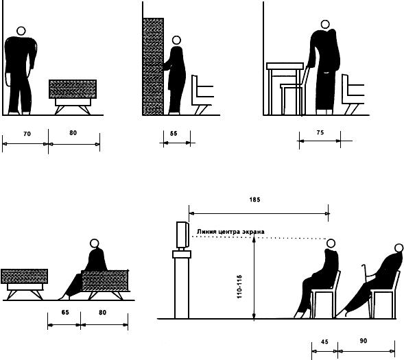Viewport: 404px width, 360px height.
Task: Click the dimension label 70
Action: pos(27,134)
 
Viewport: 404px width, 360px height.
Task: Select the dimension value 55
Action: pos(174,134)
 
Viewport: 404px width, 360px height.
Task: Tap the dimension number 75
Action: pos(320,132)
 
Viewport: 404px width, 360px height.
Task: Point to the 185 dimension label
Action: pos(254,200)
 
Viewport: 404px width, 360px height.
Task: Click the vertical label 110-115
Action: pos(239,287)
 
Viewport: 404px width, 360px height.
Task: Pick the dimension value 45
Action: pos(324,341)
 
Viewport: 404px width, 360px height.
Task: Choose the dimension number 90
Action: pos(363,341)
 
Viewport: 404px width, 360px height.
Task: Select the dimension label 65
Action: pos(65,313)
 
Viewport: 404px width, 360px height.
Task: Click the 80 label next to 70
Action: pos(73,133)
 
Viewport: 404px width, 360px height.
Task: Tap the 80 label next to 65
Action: pos(102,313)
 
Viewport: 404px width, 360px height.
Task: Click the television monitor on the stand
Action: pos(182,235)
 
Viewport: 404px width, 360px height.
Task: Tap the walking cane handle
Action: pos(364,266)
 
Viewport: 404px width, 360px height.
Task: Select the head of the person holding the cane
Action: pos(399,248)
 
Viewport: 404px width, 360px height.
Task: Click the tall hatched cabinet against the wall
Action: pos(153,67)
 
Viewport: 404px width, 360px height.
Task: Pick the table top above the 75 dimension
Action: pos(285,66)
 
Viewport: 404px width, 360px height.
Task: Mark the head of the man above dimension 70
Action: pos(21,31)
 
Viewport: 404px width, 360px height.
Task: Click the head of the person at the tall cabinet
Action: pos(176,40)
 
